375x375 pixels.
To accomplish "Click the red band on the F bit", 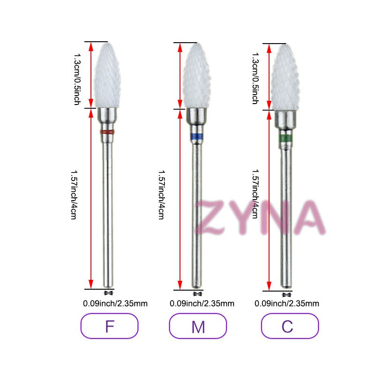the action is (x=107, y=132).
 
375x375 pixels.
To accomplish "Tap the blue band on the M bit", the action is (x=196, y=136).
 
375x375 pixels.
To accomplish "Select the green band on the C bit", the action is (x=285, y=138).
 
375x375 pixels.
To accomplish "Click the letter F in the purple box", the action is (x=110, y=326).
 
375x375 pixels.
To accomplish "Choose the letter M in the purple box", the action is (x=198, y=327).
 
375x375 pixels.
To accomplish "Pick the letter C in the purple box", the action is (x=287, y=326).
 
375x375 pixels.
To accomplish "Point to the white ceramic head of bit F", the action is (x=107, y=75).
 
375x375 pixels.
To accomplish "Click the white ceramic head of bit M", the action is (x=197, y=75).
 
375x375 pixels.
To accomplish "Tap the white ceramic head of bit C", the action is (x=285, y=77).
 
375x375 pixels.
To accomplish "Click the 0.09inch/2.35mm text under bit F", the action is (x=115, y=303).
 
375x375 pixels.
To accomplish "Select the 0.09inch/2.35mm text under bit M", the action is (x=202, y=303).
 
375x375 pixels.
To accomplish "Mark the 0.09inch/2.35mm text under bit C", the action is (x=287, y=303).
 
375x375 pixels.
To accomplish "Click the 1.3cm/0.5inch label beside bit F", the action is (x=77, y=79).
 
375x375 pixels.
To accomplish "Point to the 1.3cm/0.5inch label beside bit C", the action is (x=255, y=78).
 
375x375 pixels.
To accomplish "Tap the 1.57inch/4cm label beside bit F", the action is (x=74, y=195).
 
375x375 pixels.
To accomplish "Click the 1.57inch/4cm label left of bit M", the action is (x=162, y=195).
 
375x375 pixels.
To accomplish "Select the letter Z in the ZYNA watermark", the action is (x=211, y=217).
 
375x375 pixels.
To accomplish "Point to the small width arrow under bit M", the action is (x=197, y=294).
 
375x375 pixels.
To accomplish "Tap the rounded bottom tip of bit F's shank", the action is (x=108, y=286).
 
